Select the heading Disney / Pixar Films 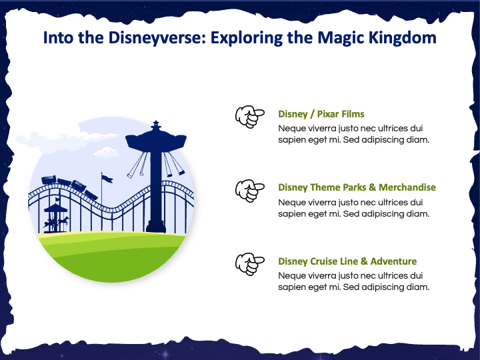(321, 114)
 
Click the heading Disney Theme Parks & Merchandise (357, 187)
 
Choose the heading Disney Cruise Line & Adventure (347, 261)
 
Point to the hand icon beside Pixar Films (247, 117)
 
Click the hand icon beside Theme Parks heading (247, 191)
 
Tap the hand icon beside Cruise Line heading (247, 265)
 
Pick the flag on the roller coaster (105, 178)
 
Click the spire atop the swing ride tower (156, 124)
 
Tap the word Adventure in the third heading (393, 261)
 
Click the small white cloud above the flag (106, 153)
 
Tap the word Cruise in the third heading (326, 261)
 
